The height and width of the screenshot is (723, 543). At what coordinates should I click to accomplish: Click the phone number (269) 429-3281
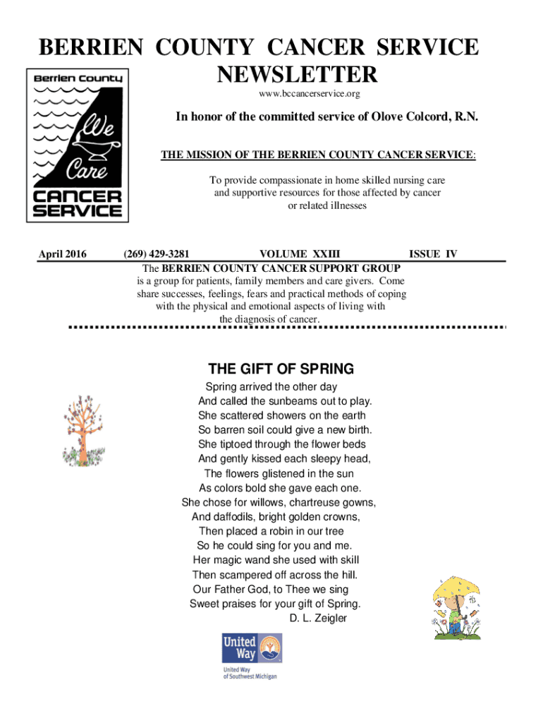click(x=156, y=254)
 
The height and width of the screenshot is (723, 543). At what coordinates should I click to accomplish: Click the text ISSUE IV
click(x=433, y=254)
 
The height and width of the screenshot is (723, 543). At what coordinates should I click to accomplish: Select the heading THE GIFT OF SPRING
click(x=281, y=369)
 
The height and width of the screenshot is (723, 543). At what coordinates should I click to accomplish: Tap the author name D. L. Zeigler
click(x=318, y=619)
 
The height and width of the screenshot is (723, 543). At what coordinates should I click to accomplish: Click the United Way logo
click(x=251, y=656)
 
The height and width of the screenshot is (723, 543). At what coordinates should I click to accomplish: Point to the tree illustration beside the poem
click(x=83, y=432)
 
